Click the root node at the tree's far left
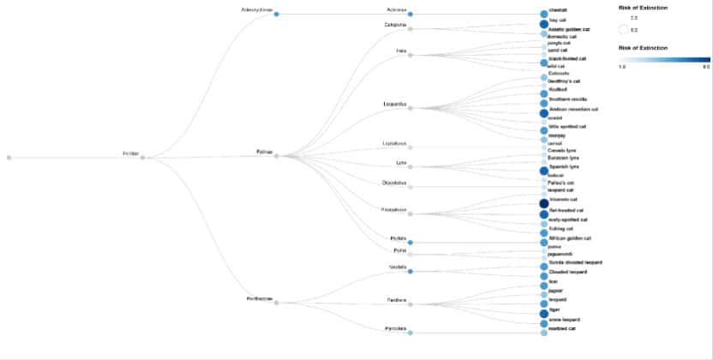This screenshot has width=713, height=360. pyautogui.click(x=9, y=158)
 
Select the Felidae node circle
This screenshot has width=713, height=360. pyautogui.click(x=142, y=158)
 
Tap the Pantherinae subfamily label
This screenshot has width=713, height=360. pyautogui.click(x=258, y=299)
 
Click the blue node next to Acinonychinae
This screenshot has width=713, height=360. pyautogui.click(x=276, y=14)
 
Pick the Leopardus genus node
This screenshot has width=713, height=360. pyautogui.click(x=410, y=109)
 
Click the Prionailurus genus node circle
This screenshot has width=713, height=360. pyautogui.click(x=410, y=211)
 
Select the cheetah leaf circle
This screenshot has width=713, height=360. pyautogui.click(x=543, y=14)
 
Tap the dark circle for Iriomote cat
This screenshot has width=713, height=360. pyautogui.click(x=543, y=203)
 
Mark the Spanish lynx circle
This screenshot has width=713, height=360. pyautogui.click(x=543, y=171)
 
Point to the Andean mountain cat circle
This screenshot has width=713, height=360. pyautogui.click(x=543, y=112)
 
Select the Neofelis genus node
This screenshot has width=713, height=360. pyautogui.click(x=410, y=271)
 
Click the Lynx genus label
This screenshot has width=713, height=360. pyautogui.click(x=399, y=161)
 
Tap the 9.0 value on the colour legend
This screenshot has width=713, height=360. pyautogui.click(x=705, y=65)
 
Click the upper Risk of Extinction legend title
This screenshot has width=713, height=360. pyautogui.click(x=642, y=8)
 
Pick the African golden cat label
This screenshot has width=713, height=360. pyautogui.click(x=570, y=237)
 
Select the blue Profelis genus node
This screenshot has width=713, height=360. pyautogui.click(x=410, y=243)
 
